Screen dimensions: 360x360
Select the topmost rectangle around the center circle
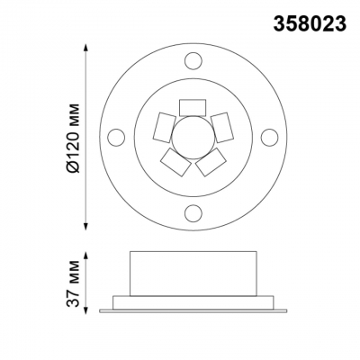tap(191, 107)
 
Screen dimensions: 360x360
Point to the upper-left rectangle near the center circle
tap(163, 127)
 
